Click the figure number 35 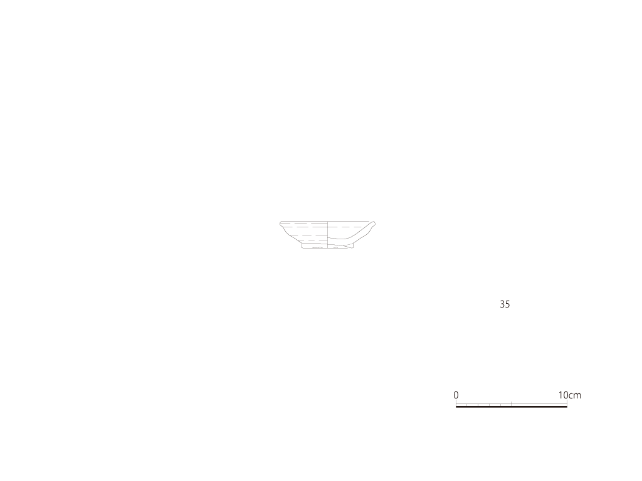505,304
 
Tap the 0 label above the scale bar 456,395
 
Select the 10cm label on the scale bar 569,395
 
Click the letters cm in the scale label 576,396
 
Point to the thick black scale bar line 512,406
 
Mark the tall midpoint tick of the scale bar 512,404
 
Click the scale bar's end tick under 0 456,403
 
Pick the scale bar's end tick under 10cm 567,403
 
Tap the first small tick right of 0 467,405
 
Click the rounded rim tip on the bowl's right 373,224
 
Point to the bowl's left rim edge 282,224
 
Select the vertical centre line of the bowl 327,235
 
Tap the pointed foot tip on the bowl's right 352,246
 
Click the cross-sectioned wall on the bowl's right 360,232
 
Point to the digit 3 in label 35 502,304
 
